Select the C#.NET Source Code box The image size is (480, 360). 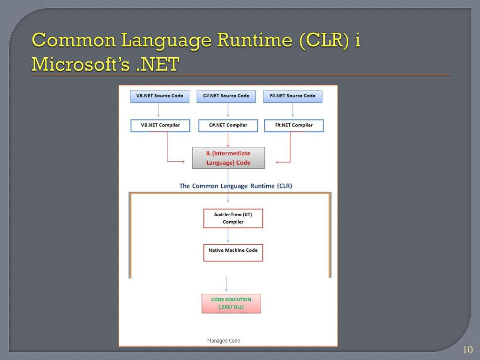click(226, 96)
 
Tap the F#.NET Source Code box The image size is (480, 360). click(292, 96)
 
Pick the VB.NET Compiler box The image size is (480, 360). click(160, 125)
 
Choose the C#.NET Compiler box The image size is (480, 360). click(228, 125)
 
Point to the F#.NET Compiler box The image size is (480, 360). click(294, 125)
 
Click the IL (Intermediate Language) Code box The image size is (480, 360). click(228, 158)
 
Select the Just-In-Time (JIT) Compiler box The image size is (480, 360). click(233, 218)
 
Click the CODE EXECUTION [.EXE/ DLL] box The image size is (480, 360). click(231, 303)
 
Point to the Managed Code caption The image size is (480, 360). click(224, 341)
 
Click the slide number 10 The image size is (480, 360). click(467, 350)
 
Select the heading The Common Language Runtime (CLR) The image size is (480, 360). click(235, 186)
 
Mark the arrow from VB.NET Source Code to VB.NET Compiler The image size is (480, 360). click(158, 111)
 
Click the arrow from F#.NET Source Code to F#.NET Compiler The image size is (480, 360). click(293, 111)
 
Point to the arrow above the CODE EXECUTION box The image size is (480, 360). click(226, 284)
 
